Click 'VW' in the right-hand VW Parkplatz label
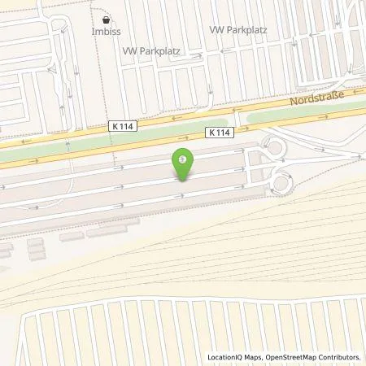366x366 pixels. pos(216,30)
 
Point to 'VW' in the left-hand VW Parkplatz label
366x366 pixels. pos(129,50)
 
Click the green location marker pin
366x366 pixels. pos(183,163)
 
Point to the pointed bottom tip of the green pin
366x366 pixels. pos(183,181)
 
